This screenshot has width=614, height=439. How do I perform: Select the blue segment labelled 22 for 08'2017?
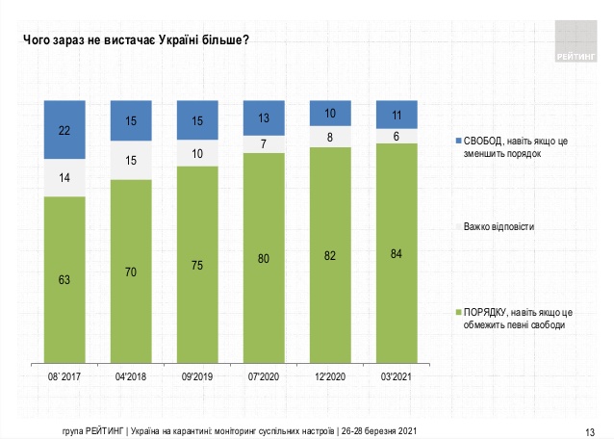click(x=64, y=129)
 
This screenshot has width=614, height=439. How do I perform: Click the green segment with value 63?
click(x=64, y=279)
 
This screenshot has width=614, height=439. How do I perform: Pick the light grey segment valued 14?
click(x=64, y=178)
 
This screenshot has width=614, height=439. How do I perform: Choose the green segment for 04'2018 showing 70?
click(x=130, y=271)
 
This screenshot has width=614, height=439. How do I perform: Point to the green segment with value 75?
click(x=195, y=266)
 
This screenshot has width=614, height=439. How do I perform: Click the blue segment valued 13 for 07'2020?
click(x=262, y=118)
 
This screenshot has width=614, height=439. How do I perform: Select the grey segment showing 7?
click(x=262, y=143)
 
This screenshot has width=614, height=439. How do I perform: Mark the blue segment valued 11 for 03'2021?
click(x=396, y=114)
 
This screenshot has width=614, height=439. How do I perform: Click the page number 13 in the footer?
click(x=590, y=429)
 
